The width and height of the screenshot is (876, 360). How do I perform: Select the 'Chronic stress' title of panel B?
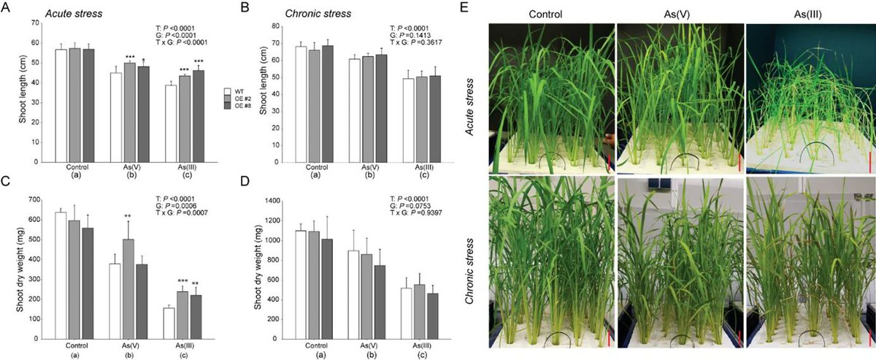(x=299, y=14)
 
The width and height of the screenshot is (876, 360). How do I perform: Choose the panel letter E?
(x=481, y=9)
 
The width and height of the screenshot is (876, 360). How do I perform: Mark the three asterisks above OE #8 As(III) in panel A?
(x=199, y=61)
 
